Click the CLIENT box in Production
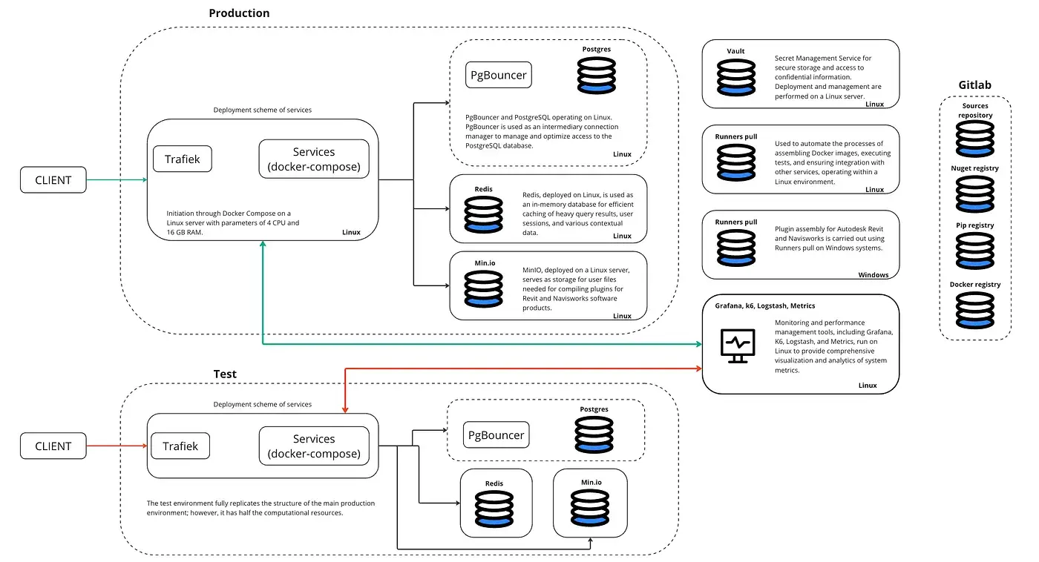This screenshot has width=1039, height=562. coord(53,180)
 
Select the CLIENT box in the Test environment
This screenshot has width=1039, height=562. coord(53,446)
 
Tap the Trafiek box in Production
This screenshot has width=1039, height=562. coord(182,159)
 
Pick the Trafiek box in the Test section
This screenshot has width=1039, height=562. coord(180,446)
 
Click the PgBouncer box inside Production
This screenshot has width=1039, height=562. coord(499,75)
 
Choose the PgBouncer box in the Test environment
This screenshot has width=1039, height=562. coord(496,435)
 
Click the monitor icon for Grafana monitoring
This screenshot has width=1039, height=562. coord(738,346)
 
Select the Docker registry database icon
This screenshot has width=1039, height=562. coord(974,311)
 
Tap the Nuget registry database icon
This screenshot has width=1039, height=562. coord(974,194)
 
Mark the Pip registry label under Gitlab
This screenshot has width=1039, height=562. coord(974,225)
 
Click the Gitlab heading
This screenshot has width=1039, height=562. coord(974,85)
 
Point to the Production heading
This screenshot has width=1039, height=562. coord(239,13)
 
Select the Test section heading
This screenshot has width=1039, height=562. coord(225,374)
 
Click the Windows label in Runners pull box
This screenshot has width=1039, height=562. coord(873,275)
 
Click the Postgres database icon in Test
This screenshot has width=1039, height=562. coord(594,435)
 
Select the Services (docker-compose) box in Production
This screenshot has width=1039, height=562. coord(314,159)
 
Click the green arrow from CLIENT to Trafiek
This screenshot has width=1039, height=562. coord(117,179)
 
